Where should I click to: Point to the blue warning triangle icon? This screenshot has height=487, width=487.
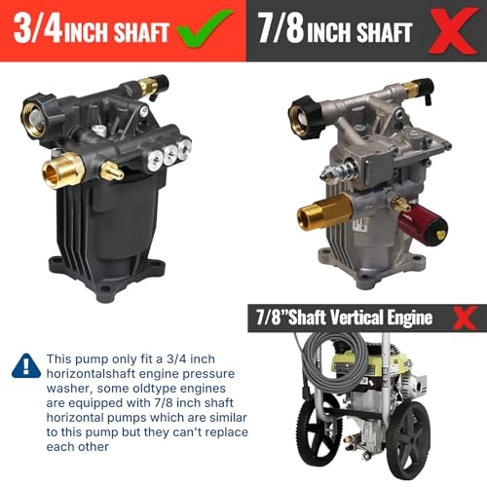coord(24,365)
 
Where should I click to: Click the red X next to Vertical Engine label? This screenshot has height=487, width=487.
coord(468,318)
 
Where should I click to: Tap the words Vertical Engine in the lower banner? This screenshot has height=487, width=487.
coord(388,318)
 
